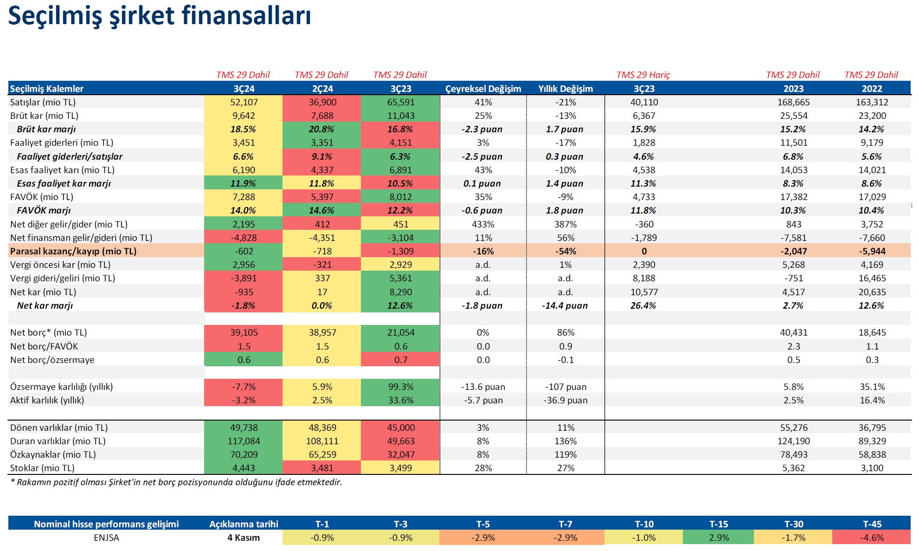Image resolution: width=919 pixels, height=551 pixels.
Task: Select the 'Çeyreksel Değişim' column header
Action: click(483, 89)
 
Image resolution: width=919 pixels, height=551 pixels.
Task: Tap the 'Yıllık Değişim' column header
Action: click(566, 89)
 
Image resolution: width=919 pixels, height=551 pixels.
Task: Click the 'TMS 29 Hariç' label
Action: click(643, 75)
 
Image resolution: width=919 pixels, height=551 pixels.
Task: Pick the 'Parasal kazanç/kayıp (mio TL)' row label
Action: click(73, 251)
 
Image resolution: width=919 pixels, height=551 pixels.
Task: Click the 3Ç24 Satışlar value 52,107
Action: click(244, 102)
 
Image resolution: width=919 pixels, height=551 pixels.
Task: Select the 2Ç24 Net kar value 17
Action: click(322, 292)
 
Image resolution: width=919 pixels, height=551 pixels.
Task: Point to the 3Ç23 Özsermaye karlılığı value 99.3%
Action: click(400, 387)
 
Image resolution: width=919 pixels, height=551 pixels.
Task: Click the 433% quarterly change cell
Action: click(483, 224)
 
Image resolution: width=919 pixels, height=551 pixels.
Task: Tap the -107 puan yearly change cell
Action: click(566, 387)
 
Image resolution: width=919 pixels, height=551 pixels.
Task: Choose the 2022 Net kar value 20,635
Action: click(872, 292)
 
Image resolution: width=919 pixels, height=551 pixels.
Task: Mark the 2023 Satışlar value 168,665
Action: click(793, 102)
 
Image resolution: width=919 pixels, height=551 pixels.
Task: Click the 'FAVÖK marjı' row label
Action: click(44, 210)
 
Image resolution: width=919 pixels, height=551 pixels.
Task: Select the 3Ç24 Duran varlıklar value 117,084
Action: click(244, 441)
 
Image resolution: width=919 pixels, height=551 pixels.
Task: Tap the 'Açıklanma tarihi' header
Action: click(244, 524)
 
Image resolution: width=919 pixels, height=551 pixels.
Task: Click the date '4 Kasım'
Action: click(244, 538)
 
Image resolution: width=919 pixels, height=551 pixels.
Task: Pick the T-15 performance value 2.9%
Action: click(719, 538)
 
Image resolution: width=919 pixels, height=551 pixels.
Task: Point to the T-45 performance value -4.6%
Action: click(872, 538)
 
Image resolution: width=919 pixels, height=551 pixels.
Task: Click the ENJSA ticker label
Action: click(106, 538)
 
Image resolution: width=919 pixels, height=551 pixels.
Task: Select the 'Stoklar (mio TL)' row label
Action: click(42, 468)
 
